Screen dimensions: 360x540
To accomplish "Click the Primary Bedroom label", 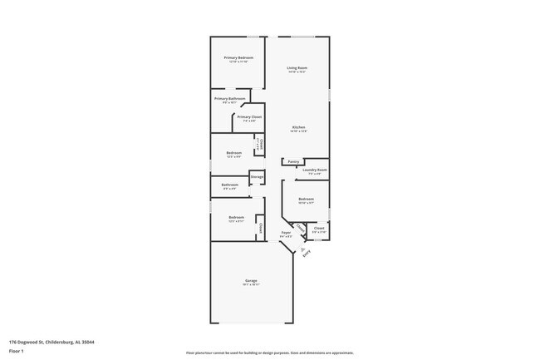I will (238, 57).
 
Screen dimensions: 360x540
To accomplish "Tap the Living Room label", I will (297, 67).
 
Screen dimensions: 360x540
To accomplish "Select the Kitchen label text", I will (297, 127).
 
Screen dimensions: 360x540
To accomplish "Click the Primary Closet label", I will (249, 117).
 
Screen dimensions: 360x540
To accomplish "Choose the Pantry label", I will (293, 161).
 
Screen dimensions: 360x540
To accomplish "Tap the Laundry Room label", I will (315, 170).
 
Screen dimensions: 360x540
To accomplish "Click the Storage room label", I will (257, 177).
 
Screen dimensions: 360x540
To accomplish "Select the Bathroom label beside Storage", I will (229, 185).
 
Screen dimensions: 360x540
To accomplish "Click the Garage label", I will (250, 281).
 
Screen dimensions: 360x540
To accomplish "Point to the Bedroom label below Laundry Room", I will (306, 199).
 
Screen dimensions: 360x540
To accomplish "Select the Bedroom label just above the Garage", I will (237, 217).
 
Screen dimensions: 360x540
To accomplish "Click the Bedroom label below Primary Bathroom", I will (233, 152).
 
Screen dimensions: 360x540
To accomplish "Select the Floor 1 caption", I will (17, 350).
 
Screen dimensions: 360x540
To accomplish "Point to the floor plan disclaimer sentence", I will (270, 353).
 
